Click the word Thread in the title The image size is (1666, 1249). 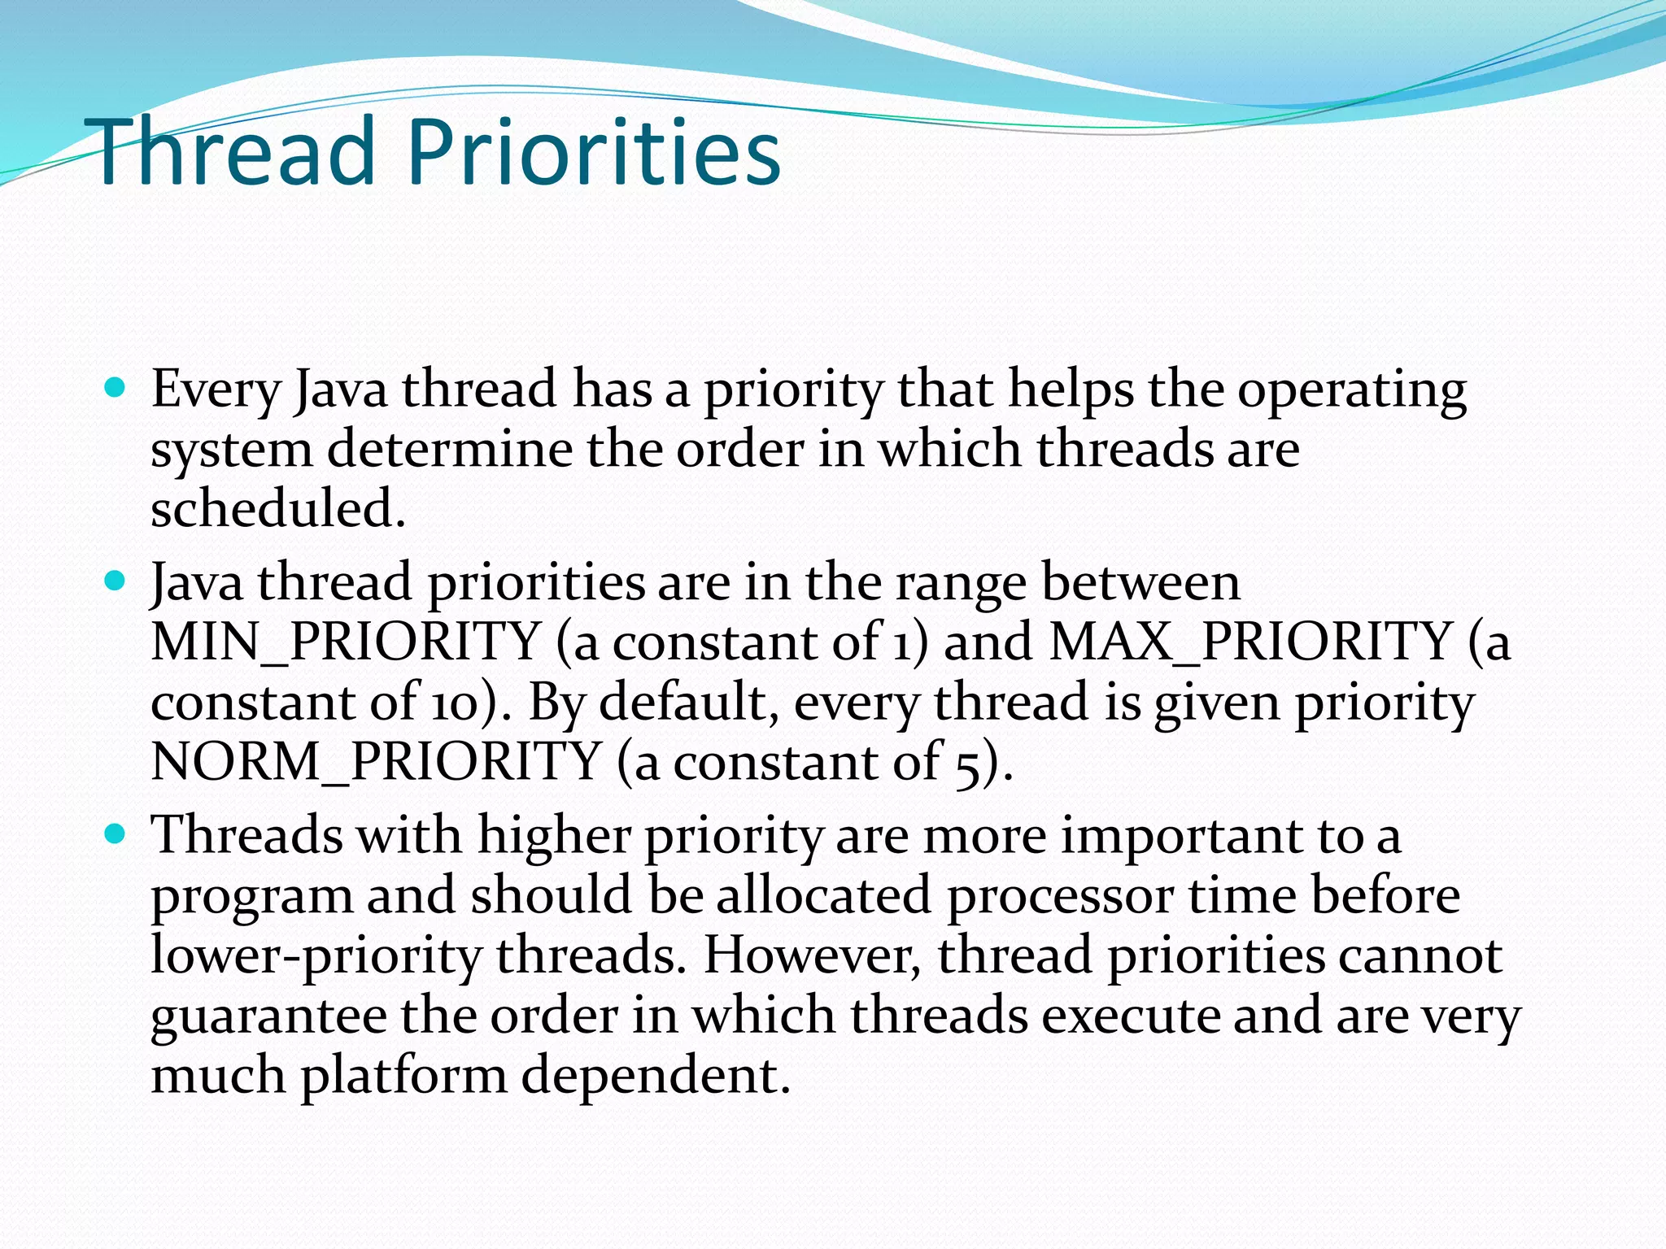coord(235,152)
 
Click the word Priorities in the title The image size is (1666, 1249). coord(593,152)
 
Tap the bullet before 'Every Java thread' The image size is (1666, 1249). coord(116,388)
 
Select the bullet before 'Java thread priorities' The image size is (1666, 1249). coord(116,581)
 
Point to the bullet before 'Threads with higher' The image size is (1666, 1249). coord(116,834)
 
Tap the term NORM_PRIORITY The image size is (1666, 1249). coord(376,762)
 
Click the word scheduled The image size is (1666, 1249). coord(277,510)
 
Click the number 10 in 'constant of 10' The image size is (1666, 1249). coord(455,702)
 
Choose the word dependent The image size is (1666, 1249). coord(655,1077)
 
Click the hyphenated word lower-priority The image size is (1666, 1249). coord(316,956)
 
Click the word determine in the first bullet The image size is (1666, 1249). coord(450,450)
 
